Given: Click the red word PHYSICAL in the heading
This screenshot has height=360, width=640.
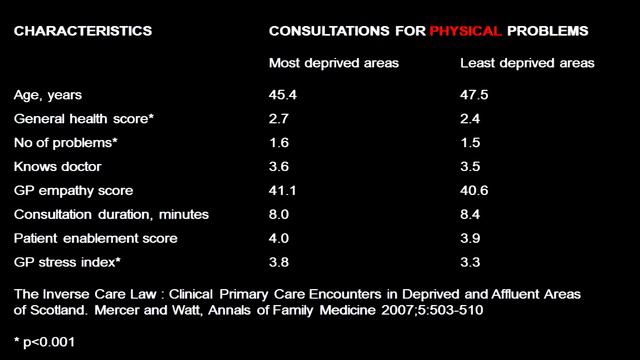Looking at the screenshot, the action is point(465,31).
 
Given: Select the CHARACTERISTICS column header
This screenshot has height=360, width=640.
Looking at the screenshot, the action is point(83,31).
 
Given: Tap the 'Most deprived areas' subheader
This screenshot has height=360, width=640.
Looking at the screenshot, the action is point(334,63).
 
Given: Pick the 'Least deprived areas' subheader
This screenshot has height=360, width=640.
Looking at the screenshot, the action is point(527,63).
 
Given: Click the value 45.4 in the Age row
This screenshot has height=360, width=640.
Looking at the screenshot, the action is point(283,95).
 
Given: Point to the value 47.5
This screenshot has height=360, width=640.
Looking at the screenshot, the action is point(474,95).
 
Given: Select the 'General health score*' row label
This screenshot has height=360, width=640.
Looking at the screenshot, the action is point(84,119).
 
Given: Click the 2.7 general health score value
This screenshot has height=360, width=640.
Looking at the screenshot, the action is point(279,119).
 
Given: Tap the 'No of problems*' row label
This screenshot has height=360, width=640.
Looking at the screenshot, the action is point(66,143).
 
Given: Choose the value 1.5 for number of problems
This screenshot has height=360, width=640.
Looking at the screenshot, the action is point(470,143).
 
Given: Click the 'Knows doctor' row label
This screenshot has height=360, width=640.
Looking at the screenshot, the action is point(58,167).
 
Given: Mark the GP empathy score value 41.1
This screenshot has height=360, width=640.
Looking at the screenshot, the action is point(282,191).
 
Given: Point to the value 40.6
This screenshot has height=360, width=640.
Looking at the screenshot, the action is point(474,191).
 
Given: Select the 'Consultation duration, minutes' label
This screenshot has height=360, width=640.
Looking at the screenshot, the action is point(111,215).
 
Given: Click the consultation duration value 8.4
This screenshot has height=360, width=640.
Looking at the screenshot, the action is point(470,215).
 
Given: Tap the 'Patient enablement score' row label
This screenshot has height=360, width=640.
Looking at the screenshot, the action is point(96,238).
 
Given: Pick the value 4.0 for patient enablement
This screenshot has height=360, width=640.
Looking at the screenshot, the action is point(279,238).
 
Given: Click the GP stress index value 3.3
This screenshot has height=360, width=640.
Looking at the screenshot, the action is point(470,262).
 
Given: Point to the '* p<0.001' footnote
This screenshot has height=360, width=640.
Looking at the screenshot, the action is point(44,342).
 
